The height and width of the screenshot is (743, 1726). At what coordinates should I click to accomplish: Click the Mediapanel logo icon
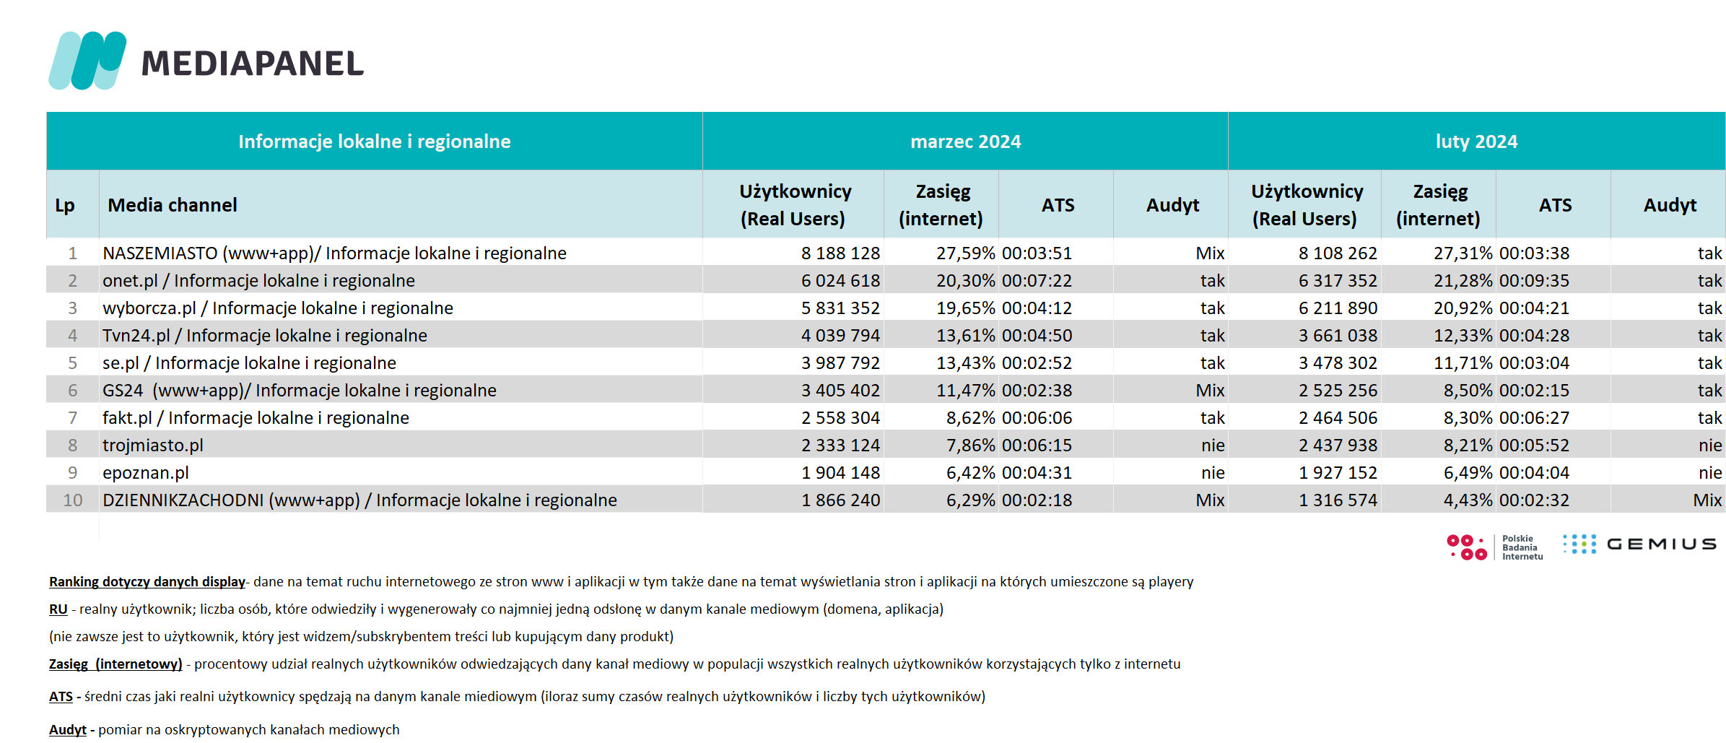coord(87,61)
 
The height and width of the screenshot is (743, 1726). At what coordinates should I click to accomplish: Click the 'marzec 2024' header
coord(965,142)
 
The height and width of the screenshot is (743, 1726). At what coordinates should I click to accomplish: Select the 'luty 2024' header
coord(1476,142)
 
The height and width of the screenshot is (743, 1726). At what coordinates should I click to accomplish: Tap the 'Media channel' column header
coord(173,205)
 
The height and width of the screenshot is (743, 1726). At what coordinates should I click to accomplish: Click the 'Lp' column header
coord(65,205)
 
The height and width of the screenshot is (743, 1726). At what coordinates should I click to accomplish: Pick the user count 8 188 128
coord(840,253)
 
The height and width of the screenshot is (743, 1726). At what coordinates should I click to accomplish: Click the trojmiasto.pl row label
coord(153,446)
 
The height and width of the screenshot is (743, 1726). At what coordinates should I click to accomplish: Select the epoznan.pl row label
coord(146,473)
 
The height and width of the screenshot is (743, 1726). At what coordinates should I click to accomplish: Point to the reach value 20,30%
coord(965,281)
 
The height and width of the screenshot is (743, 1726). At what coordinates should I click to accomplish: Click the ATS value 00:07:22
coord(1037,281)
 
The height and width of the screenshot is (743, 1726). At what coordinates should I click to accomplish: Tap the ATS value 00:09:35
coord(1534,281)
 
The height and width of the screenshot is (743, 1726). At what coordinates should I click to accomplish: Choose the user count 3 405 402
coord(840,391)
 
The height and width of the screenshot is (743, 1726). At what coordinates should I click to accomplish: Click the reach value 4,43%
coord(1468,500)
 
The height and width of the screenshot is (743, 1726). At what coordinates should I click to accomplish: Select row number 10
coord(73,500)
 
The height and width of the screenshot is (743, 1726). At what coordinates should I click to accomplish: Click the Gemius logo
coord(1639,544)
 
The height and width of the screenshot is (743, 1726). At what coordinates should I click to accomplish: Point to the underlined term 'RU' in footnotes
coord(58,609)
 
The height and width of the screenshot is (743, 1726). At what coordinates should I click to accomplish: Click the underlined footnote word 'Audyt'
coord(68,730)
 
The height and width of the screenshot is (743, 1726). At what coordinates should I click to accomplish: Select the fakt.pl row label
coord(256,418)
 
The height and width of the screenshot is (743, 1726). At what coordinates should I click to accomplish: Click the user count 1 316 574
coord(1338,500)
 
